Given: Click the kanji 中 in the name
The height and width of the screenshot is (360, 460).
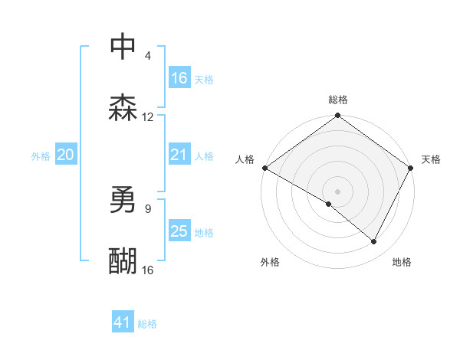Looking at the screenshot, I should click(x=123, y=47).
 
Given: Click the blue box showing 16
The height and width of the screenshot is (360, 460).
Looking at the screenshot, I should click(x=179, y=78).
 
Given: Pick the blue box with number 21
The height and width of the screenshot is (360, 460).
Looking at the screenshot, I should click(x=179, y=155).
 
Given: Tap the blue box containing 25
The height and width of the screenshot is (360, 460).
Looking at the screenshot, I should click(x=179, y=231).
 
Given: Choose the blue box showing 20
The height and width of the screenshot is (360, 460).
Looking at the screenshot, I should click(x=66, y=155).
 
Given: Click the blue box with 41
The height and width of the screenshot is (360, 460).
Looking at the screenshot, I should click(x=123, y=322).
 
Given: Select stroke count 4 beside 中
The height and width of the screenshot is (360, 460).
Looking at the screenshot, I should click(x=147, y=56).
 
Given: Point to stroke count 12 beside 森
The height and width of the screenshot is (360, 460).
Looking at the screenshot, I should click(x=148, y=117).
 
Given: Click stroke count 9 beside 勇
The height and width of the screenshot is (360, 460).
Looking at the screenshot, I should click(x=147, y=208).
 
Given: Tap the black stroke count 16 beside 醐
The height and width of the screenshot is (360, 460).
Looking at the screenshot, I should click(x=148, y=270).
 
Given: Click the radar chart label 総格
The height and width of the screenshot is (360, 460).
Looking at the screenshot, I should click(x=338, y=100).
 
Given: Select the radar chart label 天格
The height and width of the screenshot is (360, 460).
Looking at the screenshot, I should click(x=431, y=159).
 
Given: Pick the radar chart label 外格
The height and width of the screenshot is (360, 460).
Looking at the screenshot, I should click(x=270, y=262).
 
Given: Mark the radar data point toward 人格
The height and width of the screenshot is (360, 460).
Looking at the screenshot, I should click(x=264, y=168).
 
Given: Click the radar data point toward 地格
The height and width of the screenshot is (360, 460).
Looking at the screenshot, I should click(x=374, y=241).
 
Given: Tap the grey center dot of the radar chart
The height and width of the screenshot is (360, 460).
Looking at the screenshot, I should click(x=337, y=191).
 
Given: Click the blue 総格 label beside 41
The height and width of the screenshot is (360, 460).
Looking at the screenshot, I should click(x=147, y=324).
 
